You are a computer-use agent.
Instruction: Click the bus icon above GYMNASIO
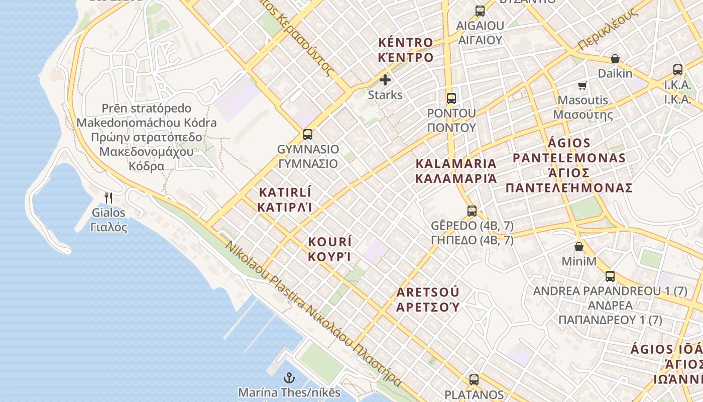click(x=308, y=135)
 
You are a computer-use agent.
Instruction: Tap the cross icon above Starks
click(x=385, y=80)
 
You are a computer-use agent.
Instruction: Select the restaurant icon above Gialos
click(x=108, y=197)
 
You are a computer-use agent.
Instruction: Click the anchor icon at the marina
click(x=289, y=378)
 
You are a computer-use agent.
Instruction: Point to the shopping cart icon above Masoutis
click(x=582, y=85)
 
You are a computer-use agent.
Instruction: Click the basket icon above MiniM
click(x=579, y=247)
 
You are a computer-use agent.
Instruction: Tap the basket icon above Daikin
click(x=615, y=59)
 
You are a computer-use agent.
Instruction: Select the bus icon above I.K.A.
click(x=678, y=70)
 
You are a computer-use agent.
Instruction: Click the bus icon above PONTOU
click(x=451, y=98)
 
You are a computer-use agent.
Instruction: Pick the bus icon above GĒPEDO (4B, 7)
click(x=472, y=211)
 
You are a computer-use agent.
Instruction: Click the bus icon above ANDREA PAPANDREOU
click(x=610, y=276)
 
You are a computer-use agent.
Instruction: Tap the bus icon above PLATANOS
click(x=474, y=380)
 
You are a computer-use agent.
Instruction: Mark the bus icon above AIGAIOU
click(x=480, y=11)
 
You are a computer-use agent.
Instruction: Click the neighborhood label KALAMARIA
click(x=456, y=171)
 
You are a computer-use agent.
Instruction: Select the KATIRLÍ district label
click(x=285, y=199)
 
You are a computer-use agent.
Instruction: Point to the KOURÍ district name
click(x=329, y=249)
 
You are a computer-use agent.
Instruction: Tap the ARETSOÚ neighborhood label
click(x=428, y=299)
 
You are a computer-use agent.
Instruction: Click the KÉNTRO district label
click(x=405, y=50)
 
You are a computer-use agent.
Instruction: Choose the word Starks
click(x=385, y=95)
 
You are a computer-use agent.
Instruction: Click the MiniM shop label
click(x=579, y=261)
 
